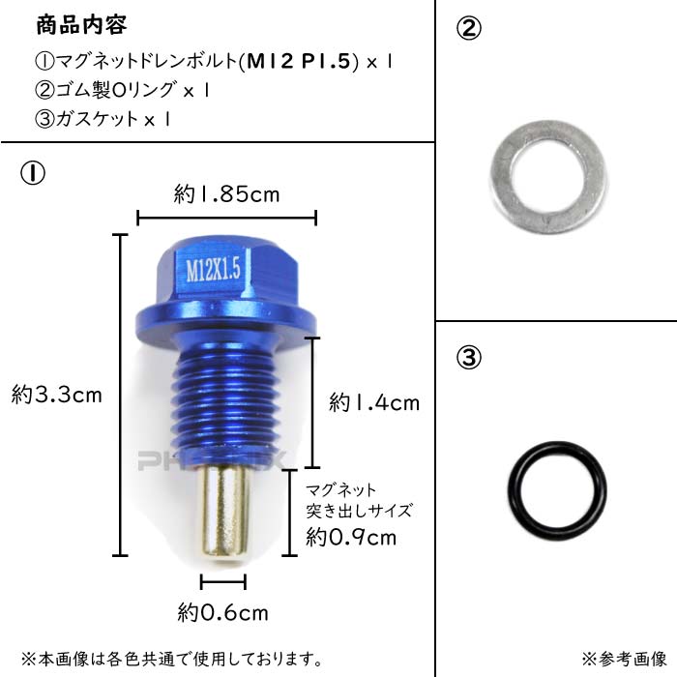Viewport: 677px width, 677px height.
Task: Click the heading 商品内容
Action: click(x=81, y=25)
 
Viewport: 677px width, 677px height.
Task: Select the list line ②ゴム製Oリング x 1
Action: click(x=123, y=90)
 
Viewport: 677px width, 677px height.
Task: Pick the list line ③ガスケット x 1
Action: click(x=103, y=119)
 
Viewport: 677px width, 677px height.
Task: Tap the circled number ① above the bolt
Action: click(x=33, y=173)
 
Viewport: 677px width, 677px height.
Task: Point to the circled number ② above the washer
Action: click(x=468, y=29)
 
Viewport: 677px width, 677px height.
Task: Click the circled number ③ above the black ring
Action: click(x=468, y=358)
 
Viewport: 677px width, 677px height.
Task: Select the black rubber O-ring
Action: click(x=514, y=491)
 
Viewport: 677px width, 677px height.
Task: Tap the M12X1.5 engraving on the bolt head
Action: click(x=213, y=270)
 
